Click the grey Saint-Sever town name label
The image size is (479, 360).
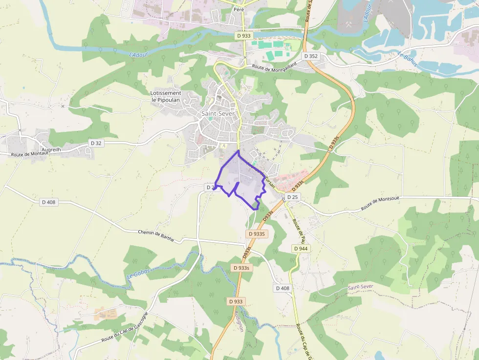coord(218,114)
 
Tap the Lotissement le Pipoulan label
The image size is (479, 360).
coord(166,96)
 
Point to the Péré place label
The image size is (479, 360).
coord(239,10)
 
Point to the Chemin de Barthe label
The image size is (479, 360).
coord(156,233)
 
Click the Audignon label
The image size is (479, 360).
coord(239,319)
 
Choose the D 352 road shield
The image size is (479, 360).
coord(310,56)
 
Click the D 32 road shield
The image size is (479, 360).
coord(96,143)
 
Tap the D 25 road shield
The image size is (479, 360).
coord(292,197)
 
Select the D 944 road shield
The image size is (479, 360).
coord(301,249)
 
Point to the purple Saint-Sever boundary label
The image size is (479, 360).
coord(361,287)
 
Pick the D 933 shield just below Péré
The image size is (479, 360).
coord(243,36)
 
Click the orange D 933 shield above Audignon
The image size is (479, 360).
coord(237,301)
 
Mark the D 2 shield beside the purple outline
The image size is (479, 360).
coord(210,187)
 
